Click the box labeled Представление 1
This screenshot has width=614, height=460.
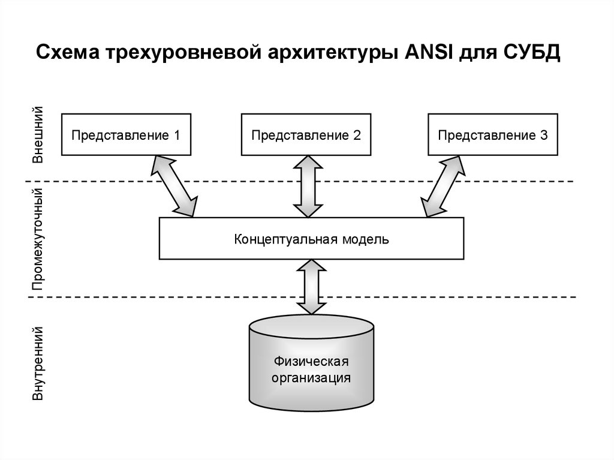point(126,134)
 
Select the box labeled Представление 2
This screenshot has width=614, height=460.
point(306,134)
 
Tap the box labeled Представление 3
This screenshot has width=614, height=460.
point(492,134)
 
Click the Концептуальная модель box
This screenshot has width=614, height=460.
point(311,239)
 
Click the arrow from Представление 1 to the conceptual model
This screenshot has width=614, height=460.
point(174,185)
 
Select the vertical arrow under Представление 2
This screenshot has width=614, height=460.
point(306,186)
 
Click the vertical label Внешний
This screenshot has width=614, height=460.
point(37,134)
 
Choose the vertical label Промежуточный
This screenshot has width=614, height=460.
point(37,239)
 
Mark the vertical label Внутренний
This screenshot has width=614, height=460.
point(37,363)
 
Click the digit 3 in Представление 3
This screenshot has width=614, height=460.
point(543,135)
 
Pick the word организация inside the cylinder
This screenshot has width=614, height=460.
point(311,378)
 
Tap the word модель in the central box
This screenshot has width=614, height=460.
point(366,239)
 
